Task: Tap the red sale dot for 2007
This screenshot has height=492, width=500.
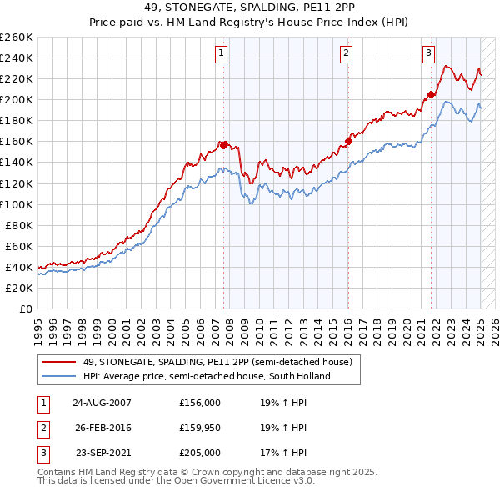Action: point(224,145)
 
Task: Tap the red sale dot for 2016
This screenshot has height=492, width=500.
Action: point(348,141)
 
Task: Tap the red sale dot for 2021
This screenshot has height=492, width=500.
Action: point(431,94)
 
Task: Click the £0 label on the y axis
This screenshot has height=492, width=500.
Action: point(25,309)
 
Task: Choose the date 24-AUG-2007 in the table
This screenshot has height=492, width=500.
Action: point(102,402)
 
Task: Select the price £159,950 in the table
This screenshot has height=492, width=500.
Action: point(200,428)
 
